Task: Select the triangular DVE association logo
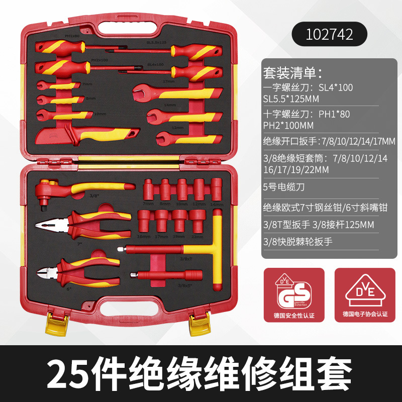(365, 291)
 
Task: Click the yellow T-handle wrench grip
(217, 251)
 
